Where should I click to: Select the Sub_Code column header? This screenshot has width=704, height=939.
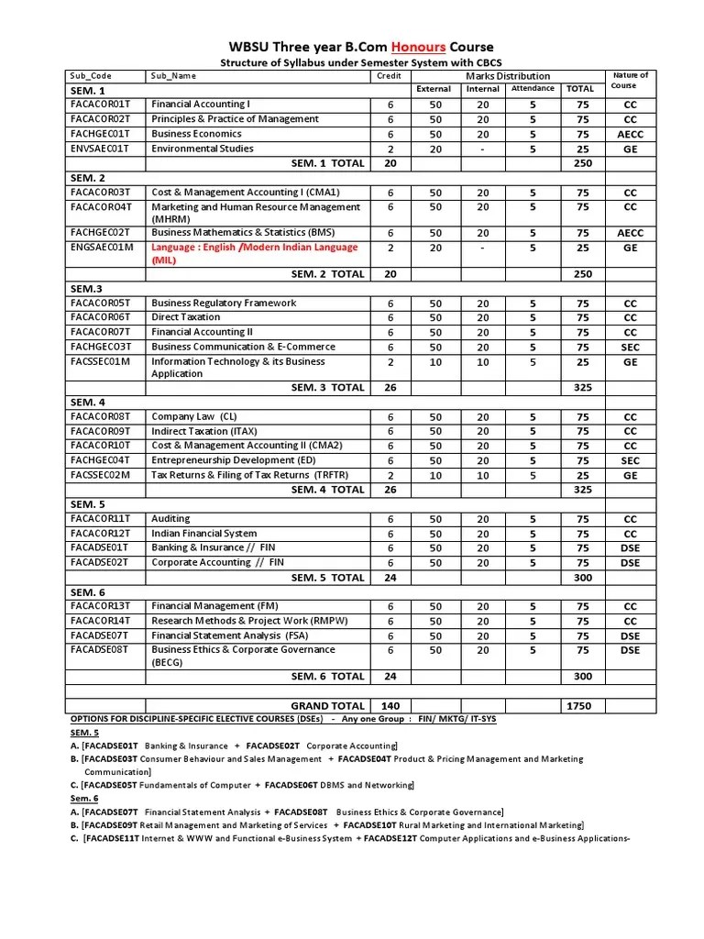coord(91,76)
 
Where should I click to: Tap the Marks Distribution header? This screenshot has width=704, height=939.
coord(508,76)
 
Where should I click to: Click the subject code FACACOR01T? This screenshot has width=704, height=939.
coord(101,105)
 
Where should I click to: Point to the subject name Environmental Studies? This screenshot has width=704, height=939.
coord(202,149)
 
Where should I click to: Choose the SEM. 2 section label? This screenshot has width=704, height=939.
coord(88,178)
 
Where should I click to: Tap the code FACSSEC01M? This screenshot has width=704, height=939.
coord(101,361)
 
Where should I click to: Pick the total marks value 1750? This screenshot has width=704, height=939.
coord(578,706)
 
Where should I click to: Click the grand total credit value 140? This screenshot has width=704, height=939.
coord(390,706)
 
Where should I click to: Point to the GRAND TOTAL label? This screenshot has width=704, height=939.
coord(327,706)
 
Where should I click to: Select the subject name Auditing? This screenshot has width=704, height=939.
coord(171,519)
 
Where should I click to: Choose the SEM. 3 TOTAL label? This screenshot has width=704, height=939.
coord(327,387)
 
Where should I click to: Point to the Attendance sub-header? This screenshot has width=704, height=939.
coord(533,89)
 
